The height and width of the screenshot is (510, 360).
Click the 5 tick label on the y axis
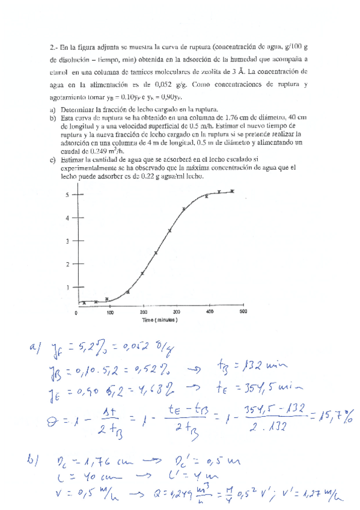[x=67, y=194]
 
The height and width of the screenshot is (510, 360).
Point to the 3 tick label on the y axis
[x=67, y=241]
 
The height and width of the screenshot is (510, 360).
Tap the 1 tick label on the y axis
[x=67, y=287]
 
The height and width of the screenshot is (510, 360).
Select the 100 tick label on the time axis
[x=111, y=313]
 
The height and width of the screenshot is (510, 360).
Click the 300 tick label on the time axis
[x=177, y=313]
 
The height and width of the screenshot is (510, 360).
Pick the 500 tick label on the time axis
[x=243, y=313]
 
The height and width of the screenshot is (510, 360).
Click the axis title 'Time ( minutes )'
[x=159, y=321]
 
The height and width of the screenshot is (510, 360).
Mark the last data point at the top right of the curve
[x=233, y=191]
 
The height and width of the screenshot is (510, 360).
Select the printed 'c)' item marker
[x=53, y=159]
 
